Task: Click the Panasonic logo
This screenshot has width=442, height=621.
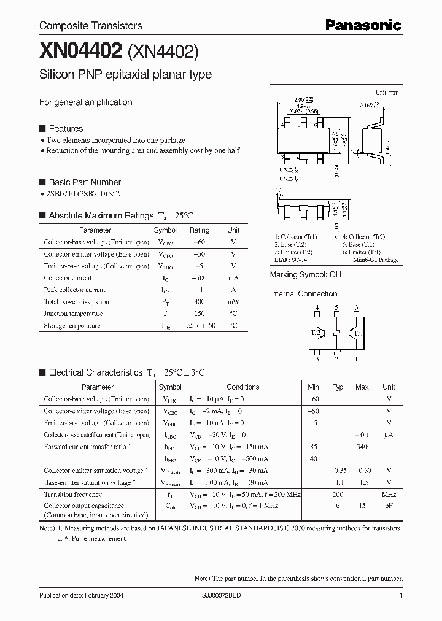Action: pyautogui.click(x=363, y=25)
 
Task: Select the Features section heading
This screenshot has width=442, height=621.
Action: pyautogui.click(x=66, y=129)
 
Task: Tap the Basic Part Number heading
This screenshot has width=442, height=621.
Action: pyautogui.click(x=85, y=182)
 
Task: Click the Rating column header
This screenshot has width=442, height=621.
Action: pyautogui.click(x=200, y=230)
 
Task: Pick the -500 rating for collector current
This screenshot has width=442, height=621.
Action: pyautogui.click(x=200, y=278)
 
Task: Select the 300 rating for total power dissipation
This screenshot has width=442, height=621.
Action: pyautogui.click(x=200, y=302)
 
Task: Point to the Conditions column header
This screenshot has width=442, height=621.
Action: pyautogui.click(x=243, y=387)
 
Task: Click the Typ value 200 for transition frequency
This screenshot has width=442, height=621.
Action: pyautogui.click(x=338, y=495)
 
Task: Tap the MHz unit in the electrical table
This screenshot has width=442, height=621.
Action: pyautogui.click(x=389, y=495)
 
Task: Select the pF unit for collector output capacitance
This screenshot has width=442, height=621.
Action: pyautogui.click(x=389, y=506)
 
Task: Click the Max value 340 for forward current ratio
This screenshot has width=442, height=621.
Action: pyautogui.click(x=362, y=447)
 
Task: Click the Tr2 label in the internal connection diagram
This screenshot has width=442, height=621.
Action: pyautogui.click(x=316, y=333)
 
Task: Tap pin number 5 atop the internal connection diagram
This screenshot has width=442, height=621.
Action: pyautogui.click(x=337, y=307)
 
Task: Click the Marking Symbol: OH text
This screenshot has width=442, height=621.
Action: pyautogui.click(x=305, y=275)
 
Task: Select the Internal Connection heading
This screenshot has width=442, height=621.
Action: pyautogui.click(x=303, y=294)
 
